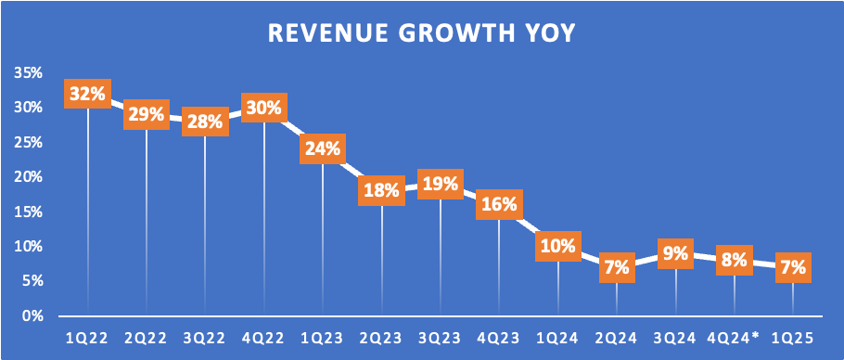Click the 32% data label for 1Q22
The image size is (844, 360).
click(x=88, y=94)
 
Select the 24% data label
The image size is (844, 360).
click(x=323, y=148)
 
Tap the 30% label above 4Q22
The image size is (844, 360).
click(x=264, y=108)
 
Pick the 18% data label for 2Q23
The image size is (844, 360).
click(x=381, y=190)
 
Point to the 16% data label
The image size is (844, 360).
click(x=500, y=204)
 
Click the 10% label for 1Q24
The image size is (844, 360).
click(x=558, y=247)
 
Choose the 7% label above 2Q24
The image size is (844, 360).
click(x=617, y=267)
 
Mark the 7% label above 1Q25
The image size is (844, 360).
click(x=793, y=267)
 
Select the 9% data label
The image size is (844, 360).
click(x=675, y=253)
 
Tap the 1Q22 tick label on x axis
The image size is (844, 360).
click(x=88, y=339)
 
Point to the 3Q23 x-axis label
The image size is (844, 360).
click(x=441, y=339)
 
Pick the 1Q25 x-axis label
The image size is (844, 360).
click(x=793, y=339)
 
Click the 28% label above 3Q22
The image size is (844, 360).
click(x=205, y=121)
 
